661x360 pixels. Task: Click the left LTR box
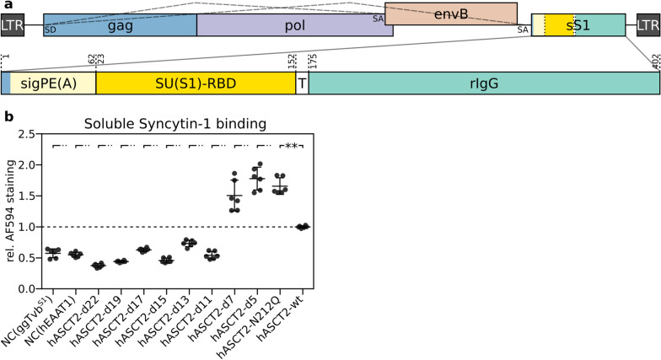pyautogui.click(x=13, y=25)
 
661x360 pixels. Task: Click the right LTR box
pyautogui.click(x=648, y=25)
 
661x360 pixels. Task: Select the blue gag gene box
pyautogui.click(x=120, y=25)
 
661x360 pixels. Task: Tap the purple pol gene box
pyautogui.click(x=290, y=25)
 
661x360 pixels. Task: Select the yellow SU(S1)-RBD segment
pyautogui.click(x=195, y=83)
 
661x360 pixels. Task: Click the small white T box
pyautogui.click(x=302, y=83)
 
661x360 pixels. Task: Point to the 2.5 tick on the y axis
pyautogui.click(x=31, y=134)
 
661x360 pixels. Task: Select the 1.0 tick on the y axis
pyautogui.click(x=31, y=227)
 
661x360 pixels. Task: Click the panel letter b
pyautogui.click(x=6, y=116)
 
